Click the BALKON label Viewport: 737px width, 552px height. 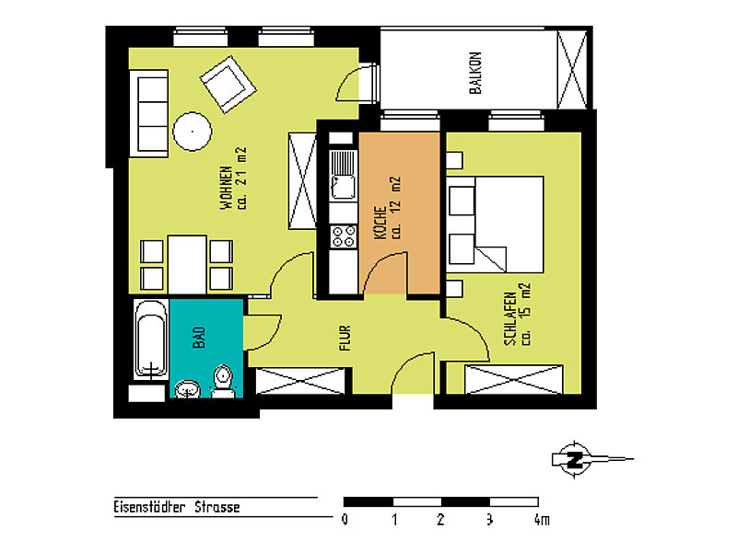click(x=475, y=73)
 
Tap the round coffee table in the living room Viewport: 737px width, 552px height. click(x=193, y=132)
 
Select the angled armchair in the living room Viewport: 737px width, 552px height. click(x=228, y=85)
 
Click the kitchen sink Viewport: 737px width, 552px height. click(x=344, y=176)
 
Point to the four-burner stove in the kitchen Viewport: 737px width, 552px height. click(x=344, y=236)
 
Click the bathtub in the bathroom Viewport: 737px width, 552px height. click(x=151, y=339)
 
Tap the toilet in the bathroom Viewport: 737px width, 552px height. click(x=222, y=381)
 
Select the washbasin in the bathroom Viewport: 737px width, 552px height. click(x=188, y=389)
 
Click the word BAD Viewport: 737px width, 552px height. click(x=199, y=338)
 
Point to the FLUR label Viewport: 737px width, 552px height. click(x=345, y=338)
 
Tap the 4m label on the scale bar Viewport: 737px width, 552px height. click(x=542, y=520)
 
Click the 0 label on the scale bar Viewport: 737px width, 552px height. click(x=345, y=520)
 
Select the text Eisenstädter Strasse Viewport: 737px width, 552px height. click(x=177, y=507)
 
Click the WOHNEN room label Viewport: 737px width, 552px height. click(x=226, y=188)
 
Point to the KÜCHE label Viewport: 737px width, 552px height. click(x=380, y=223)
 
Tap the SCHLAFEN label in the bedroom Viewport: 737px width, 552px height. click(x=510, y=318)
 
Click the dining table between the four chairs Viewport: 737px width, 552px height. click(x=187, y=265)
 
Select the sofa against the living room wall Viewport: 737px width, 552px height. click(x=149, y=113)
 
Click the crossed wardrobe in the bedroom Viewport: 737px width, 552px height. click(x=514, y=379)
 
